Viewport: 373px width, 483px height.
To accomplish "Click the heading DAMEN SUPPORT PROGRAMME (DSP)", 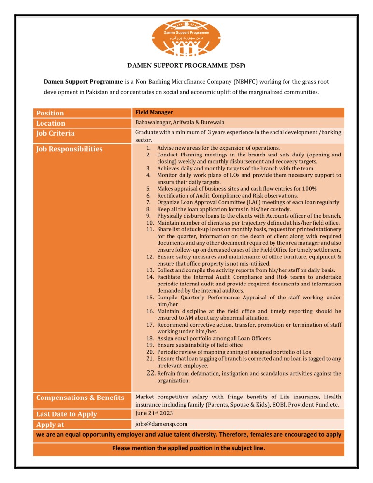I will tap(186, 65).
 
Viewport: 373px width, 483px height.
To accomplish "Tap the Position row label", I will tap(50, 113).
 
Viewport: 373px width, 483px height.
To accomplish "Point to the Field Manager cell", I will tap(154, 112).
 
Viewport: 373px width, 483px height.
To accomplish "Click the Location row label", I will tap(51, 123).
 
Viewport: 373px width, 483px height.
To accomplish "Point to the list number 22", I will tap(150, 373).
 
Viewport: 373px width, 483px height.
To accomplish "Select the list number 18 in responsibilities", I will tap(150, 339).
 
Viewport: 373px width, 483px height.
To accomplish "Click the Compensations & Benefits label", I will tap(80, 398).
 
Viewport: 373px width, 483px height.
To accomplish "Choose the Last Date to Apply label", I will tap(67, 414).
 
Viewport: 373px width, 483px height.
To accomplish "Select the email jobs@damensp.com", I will tap(161, 424).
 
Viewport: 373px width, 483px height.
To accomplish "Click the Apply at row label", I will tap(51, 425).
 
